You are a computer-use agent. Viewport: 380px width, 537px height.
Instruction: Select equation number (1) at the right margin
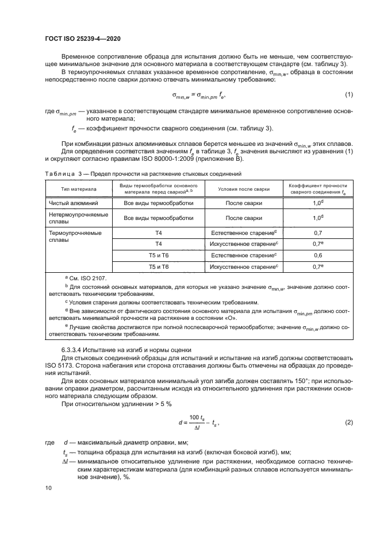(x=348, y=94)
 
